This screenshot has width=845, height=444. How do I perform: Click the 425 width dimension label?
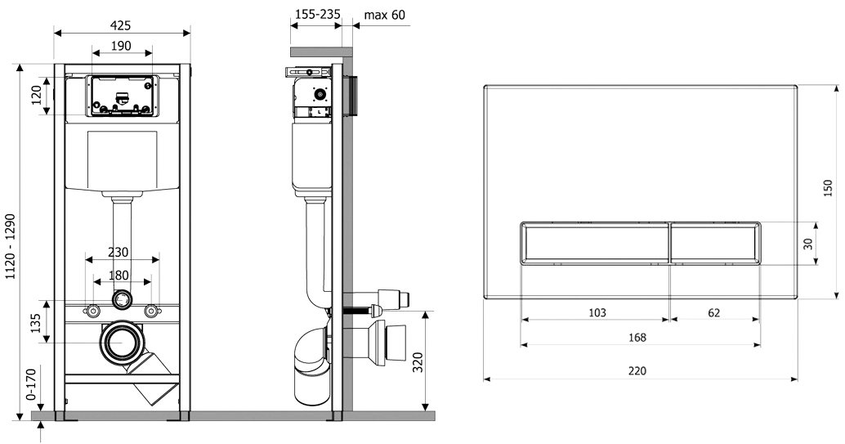[121, 25]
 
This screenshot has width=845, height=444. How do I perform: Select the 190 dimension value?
[121, 46]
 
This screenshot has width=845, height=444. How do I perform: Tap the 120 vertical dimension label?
[38, 96]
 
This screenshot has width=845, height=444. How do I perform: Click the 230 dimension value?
[118, 252]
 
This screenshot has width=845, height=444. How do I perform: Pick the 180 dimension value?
[119, 275]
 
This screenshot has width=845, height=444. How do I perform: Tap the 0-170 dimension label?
[31, 384]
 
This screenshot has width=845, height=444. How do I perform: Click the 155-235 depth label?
[317, 14]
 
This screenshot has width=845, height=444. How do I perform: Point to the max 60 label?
[384, 15]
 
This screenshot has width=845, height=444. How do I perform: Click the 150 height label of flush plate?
[829, 187]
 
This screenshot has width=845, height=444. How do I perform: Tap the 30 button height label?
[807, 244]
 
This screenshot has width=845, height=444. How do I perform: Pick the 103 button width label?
[597, 312]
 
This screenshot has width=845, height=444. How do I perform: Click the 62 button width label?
[713, 312]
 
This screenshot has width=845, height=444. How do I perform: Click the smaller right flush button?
[715, 244]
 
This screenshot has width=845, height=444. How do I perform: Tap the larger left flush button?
[595, 244]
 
